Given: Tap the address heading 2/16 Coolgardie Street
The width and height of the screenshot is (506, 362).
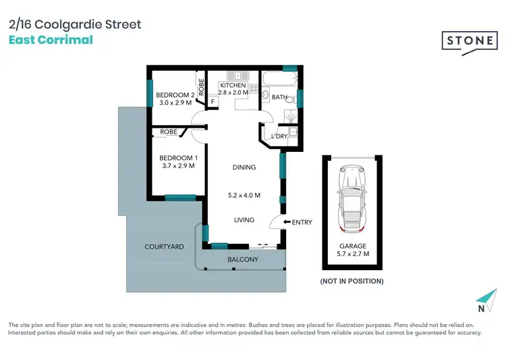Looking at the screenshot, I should pyautogui.click(x=75, y=24).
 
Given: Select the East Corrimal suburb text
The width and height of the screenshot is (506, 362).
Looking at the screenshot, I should pyautogui.click(x=51, y=39).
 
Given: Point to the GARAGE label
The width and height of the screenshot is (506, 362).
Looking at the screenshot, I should pyautogui.click(x=353, y=247).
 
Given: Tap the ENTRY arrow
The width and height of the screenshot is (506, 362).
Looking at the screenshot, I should pyautogui.click(x=286, y=222).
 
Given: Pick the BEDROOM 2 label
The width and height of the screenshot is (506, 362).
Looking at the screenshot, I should pyautogui.click(x=175, y=95).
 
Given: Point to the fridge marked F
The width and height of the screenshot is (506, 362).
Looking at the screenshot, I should pyautogui.click(x=213, y=102).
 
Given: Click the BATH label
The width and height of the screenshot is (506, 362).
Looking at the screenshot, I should pyautogui.click(x=279, y=97).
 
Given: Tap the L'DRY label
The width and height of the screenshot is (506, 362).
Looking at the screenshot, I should pyautogui.click(x=279, y=137).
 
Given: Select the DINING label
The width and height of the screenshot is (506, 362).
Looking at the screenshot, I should pyautogui.click(x=244, y=167).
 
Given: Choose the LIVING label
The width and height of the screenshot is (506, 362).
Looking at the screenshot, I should pyautogui.click(x=244, y=219).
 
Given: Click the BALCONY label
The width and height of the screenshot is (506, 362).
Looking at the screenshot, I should pyautogui.click(x=244, y=259).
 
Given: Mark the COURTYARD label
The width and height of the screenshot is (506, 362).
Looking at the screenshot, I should pyautogui.click(x=164, y=247).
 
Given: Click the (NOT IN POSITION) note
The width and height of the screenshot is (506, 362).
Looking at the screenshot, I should pyautogui.click(x=352, y=281).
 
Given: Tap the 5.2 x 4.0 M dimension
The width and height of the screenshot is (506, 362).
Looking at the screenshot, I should pyautogui.click(x=244, y=195).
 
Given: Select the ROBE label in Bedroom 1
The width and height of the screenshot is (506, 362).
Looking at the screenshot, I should pyautogui.click(x=169, y=132).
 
